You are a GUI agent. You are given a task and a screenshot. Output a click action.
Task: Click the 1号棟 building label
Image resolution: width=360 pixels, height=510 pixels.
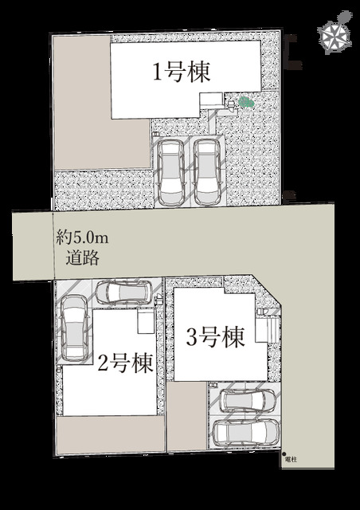pos(182,72)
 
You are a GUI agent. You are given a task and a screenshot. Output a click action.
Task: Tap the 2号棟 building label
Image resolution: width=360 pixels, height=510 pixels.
pos(126,363)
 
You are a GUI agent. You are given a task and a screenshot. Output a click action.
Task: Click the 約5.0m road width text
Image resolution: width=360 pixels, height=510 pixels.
pos(82,237)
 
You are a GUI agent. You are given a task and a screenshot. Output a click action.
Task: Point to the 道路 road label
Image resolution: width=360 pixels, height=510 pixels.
pos(82,258)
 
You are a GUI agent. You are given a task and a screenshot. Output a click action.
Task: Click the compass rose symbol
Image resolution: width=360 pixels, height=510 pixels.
pos(335,33)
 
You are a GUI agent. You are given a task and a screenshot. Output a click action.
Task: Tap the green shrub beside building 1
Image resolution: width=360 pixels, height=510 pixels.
pos(246,103)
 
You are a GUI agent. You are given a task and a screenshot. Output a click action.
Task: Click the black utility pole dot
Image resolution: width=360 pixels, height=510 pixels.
pos(284,454)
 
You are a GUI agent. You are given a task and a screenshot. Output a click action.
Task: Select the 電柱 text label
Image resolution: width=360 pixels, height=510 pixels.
pos(291,460)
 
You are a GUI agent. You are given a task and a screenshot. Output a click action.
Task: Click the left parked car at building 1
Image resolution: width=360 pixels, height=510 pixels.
pos(170,172)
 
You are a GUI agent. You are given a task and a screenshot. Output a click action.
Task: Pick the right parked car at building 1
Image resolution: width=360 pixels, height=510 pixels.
pos(207,172)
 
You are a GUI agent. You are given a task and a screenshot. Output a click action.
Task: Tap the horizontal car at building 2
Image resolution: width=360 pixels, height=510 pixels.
pos(124,292)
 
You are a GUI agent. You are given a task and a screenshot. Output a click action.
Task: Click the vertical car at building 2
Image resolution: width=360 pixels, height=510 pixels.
pos(75,328)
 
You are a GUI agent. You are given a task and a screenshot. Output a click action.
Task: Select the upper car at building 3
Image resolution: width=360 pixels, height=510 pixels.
pos(248,400)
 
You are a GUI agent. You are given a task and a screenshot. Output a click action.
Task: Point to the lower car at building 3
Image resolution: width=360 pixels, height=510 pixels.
pos(246,432)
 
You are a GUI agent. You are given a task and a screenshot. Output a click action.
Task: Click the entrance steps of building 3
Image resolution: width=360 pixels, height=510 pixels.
pos(268,330)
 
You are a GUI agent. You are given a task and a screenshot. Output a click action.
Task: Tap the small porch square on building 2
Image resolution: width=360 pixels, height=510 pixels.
pos(146,321)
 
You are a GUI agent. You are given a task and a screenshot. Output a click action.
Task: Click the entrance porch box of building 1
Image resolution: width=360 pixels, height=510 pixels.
pos(211,101)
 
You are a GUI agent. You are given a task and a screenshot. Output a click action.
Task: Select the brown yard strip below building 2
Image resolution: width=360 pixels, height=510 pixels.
pos(110,434)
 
